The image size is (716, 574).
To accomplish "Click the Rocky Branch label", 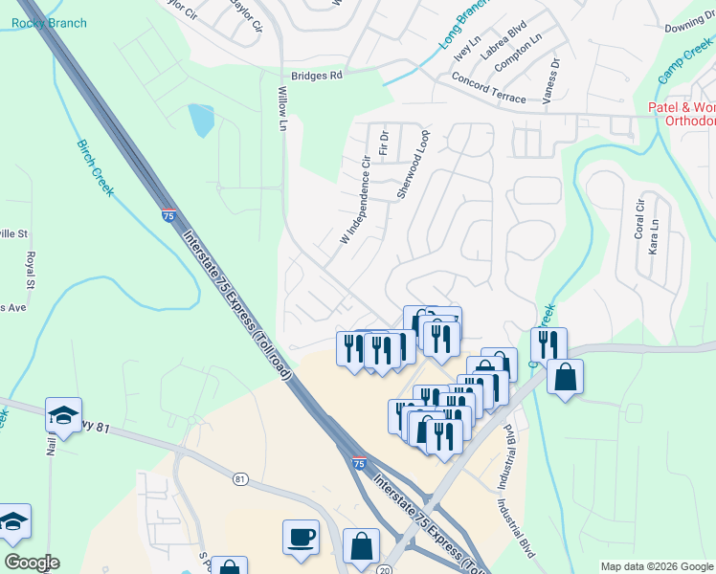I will [45, 22].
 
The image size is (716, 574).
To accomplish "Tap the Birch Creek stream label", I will [96, 168].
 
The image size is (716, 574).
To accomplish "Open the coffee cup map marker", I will [301, 536].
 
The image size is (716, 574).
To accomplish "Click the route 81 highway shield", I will [239, 478].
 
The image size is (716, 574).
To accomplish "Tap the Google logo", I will [32, 563].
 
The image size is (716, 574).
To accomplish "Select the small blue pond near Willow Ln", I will [201, 121].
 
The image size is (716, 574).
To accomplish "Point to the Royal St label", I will [31, 271].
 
